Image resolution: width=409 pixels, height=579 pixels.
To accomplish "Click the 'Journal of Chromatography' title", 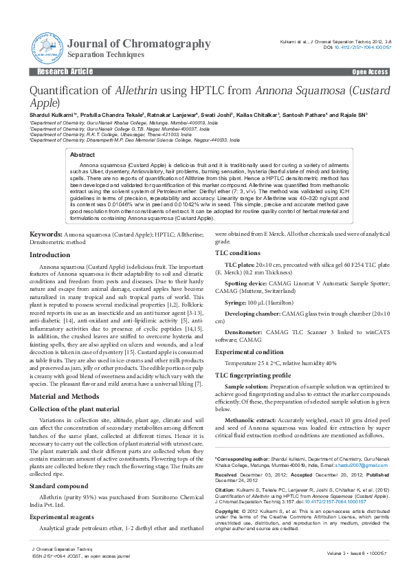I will click(x=140, y=43).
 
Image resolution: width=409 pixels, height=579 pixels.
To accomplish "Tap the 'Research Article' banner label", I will click(x=65, y=72).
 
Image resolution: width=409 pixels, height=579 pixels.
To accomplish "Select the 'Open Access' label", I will click(x=370, y=72).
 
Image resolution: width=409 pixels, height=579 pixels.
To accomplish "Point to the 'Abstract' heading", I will click(x=83, y=155).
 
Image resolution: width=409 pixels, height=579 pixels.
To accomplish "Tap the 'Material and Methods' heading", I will click(x=64, y=397).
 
